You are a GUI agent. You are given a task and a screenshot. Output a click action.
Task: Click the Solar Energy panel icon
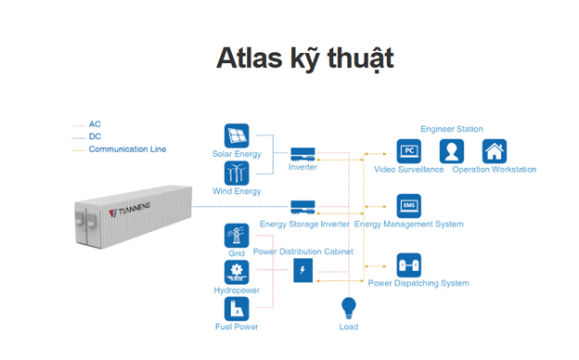coord(237,135)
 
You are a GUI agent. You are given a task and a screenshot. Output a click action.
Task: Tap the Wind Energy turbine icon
coord(237,174)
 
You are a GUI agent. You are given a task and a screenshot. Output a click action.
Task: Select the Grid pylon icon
coord(237,236)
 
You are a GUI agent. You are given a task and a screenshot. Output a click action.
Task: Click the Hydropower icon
coord(237,273)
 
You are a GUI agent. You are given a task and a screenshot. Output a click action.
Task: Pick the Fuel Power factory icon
coord(237,309)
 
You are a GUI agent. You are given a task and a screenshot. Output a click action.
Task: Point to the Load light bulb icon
coord(349,307)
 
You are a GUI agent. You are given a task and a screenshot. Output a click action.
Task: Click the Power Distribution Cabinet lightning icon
coord(303,270)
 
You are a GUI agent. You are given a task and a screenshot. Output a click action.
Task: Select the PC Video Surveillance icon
coord(409,151)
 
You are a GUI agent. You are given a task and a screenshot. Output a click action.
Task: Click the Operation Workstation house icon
coord(494,151)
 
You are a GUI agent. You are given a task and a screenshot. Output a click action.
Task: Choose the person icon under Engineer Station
coord(452,151)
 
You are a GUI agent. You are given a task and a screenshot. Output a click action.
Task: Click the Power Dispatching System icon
coord(408,265)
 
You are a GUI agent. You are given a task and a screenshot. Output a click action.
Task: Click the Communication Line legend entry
coord(127,148)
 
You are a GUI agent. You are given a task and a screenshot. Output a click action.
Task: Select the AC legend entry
coord(95,123)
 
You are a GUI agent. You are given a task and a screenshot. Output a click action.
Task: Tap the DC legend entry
coord(95,135)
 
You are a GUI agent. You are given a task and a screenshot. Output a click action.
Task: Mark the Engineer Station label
coord(452,129)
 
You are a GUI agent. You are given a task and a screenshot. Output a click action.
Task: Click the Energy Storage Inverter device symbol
coord(304,206)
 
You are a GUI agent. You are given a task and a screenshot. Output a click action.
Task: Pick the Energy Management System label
coord(408,225)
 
